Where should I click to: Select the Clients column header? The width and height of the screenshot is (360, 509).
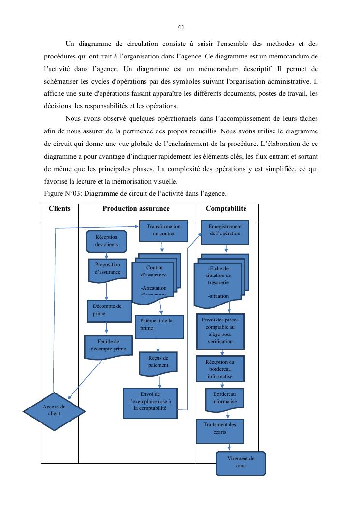point(59,209)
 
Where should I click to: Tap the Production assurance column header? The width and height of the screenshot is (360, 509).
point(136,209)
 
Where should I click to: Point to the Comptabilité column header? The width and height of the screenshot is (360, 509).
point(226,209)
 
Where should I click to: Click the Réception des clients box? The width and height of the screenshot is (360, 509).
point(107,241)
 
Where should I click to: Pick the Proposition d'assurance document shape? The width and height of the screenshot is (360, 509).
point(108,269)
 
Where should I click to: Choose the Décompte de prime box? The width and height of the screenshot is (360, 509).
point(109,310)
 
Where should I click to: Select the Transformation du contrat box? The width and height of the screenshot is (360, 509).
point(163,231)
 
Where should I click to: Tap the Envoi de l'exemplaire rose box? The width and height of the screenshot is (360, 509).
point(150,402)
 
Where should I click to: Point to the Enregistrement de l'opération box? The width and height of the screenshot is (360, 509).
point(225,231)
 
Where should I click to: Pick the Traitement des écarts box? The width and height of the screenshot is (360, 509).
point(220,429)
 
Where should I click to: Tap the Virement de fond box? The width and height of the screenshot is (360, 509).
point(241,463)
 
